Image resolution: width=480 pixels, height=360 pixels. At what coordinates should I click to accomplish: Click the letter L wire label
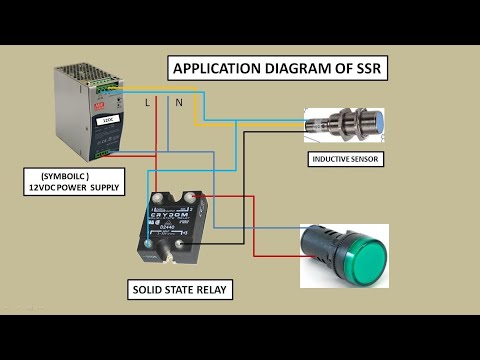click(148, 102)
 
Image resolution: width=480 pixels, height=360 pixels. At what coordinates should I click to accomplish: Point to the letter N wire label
click(178, 102)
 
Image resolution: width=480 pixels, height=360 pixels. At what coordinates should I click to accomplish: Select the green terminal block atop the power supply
click(111, 91)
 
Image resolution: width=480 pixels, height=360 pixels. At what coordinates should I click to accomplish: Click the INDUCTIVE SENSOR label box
click(345, 159)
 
